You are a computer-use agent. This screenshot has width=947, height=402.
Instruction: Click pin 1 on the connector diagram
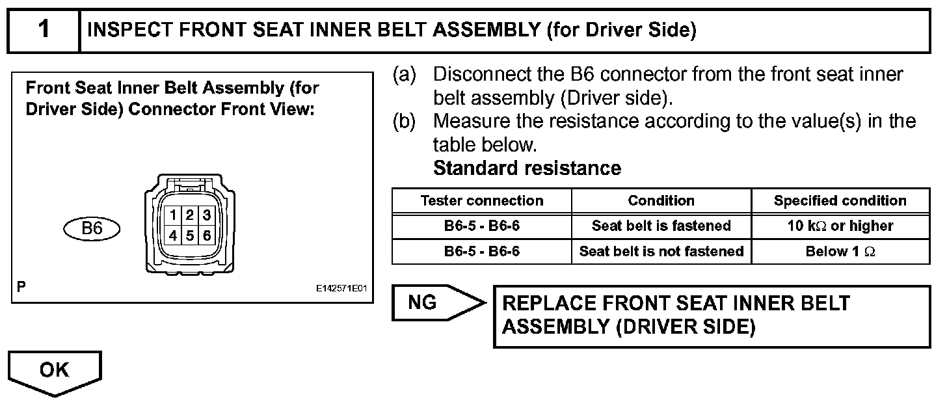point(174,215)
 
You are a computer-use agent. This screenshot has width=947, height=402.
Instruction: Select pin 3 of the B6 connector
point(206,215)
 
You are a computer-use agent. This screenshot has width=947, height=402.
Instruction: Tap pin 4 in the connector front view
point(174,235)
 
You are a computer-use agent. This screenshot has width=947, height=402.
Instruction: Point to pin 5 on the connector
point(191,235)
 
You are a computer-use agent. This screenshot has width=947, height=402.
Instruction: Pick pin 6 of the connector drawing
point(206,235)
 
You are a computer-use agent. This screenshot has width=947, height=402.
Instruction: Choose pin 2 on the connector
point(191,215)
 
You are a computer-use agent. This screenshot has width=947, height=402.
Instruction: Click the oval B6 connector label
point(92,228)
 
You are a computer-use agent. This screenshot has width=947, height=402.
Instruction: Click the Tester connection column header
point(481,200)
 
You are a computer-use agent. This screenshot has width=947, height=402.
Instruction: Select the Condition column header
point(661,200)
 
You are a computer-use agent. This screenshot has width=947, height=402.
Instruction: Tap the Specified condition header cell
point(840,200)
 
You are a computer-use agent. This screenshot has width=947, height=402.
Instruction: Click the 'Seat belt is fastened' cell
point(661,226)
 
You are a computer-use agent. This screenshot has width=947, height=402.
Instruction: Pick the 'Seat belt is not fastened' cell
point(661,251)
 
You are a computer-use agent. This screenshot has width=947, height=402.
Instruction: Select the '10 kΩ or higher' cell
point(840,226)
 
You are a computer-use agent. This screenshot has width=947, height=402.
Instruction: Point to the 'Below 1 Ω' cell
point(840,251)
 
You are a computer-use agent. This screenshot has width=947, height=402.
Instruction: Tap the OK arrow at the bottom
point(54,371)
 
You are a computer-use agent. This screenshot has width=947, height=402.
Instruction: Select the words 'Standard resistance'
point(527,168)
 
